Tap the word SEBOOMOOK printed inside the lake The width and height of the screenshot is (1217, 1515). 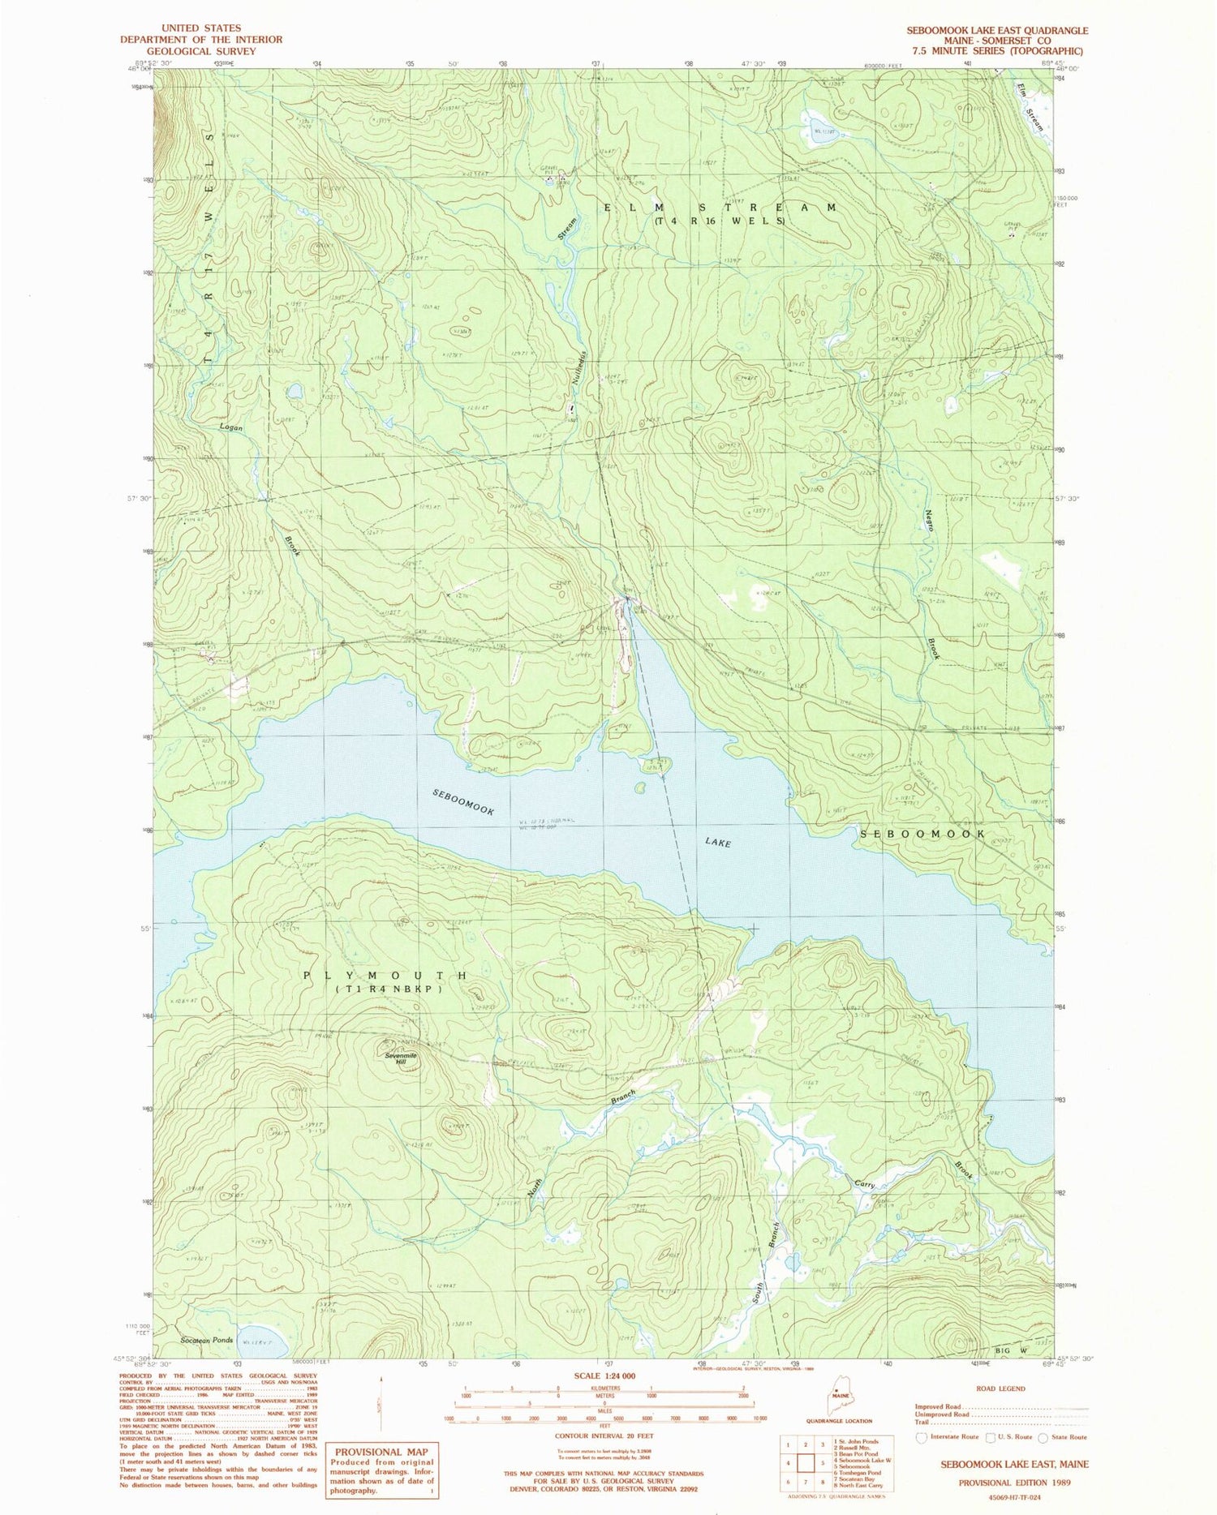[462, 801]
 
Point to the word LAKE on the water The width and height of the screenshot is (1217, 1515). [718, 843]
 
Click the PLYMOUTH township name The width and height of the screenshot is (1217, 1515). [385, 976]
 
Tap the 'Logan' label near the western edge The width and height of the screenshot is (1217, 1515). [230, 427]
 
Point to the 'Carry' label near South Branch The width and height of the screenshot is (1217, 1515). [864, 1185]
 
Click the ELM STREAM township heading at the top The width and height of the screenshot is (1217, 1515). [720, 208]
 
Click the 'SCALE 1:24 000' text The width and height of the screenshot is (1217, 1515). [604, 1376]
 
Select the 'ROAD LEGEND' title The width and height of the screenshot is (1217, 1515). [1000, 1388]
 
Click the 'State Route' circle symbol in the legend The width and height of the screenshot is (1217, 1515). [1045, 1437]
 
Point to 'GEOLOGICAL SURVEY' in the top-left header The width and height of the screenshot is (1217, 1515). [201, 51]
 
